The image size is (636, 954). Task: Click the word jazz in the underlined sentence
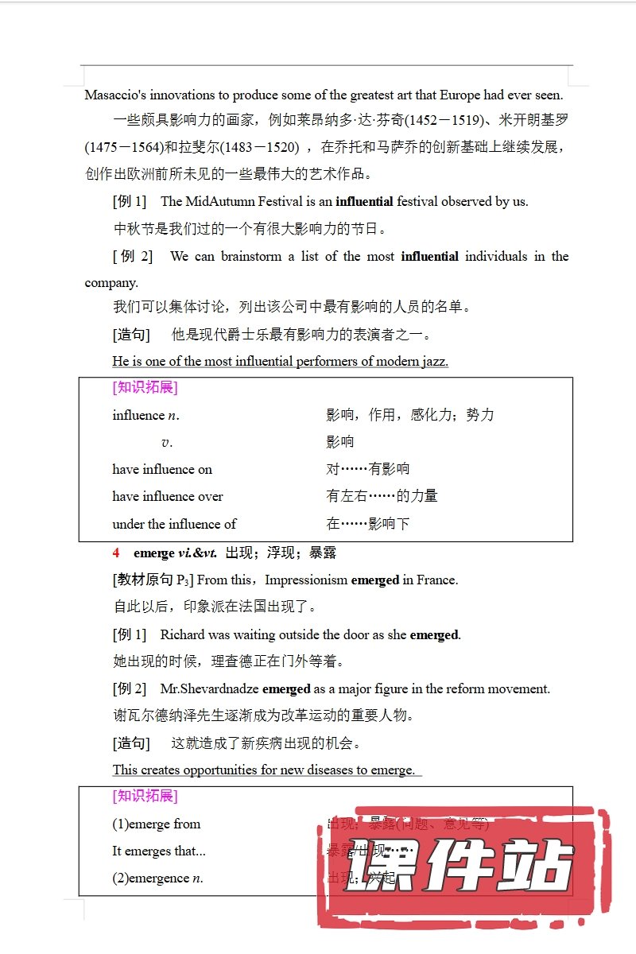432,361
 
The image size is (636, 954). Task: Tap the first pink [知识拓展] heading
145,387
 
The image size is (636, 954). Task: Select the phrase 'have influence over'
168,496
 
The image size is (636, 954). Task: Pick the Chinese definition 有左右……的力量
382,496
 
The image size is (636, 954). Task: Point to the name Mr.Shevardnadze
210,688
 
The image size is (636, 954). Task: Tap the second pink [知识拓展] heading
145,796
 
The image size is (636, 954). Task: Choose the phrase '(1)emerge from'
157,824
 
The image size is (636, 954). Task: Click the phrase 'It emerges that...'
159,851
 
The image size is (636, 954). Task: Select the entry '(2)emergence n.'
157,878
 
